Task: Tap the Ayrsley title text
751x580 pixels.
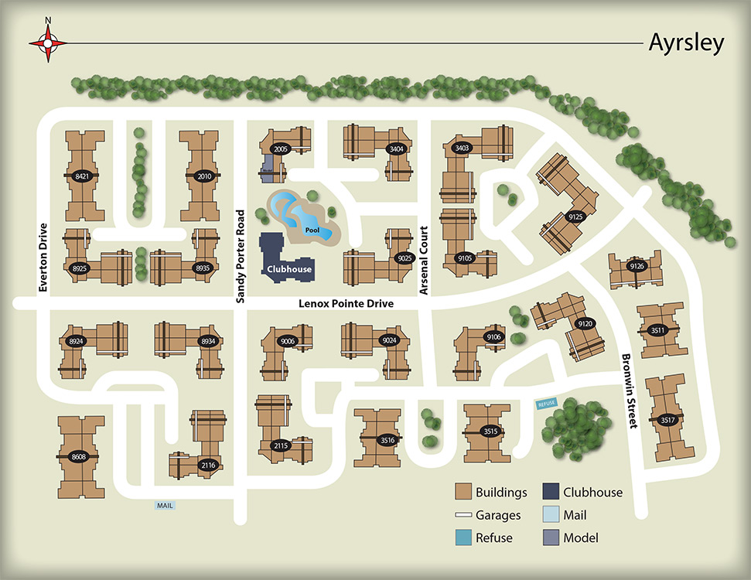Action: click(x=686, y=43)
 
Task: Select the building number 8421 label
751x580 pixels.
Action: click(x=81, y=176)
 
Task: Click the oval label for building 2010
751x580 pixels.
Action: click(x=204, y=176)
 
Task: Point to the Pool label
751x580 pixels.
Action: click(x=312, y=230)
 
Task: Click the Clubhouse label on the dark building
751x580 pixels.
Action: click(x=289, y=269)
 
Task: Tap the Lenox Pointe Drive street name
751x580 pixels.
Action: click(x=346, y=304)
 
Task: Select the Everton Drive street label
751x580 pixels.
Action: click(x=43, y=258)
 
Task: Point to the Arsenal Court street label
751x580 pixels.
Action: click(x=423, y=260)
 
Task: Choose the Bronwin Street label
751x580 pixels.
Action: click(x=628, y=391)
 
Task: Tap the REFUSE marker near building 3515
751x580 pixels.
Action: click(x=547, y=404)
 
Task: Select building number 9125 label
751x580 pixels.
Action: click(x=574, y=217)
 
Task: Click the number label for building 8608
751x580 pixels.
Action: click(x=79, y=456)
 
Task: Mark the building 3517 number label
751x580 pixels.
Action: click(x=667, y=420)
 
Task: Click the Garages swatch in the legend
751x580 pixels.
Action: click(x=463, y=515)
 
